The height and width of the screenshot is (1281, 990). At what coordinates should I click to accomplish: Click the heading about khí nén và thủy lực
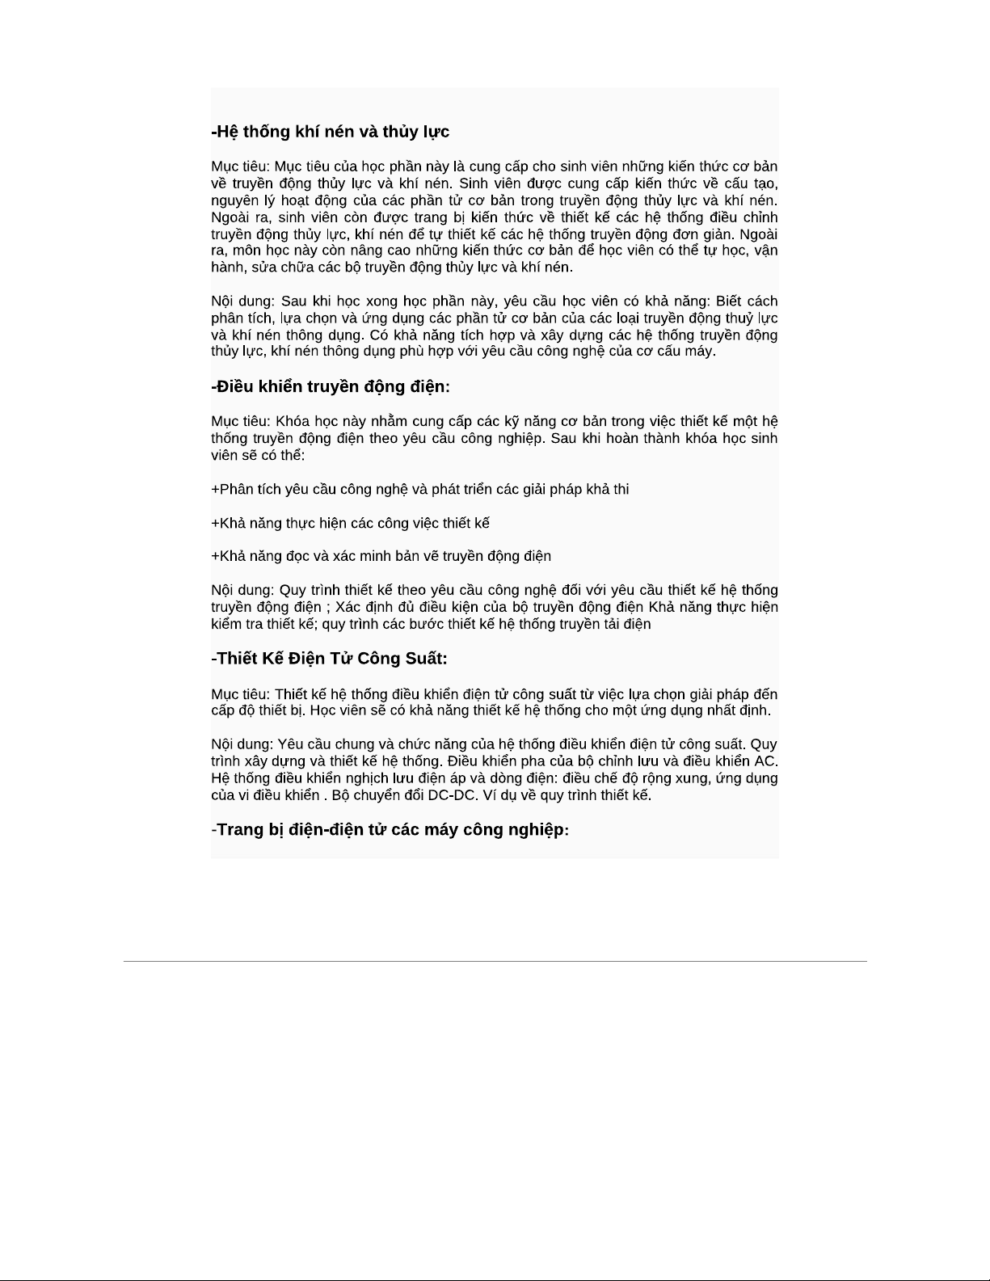[331, 132]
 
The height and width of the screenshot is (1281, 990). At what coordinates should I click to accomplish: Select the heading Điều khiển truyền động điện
[331, 386]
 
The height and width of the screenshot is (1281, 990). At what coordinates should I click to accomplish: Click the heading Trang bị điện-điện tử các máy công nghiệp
[390, 830]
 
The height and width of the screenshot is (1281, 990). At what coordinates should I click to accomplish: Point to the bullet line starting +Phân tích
[420, 490]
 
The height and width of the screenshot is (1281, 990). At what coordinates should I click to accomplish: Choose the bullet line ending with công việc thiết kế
[351, 524]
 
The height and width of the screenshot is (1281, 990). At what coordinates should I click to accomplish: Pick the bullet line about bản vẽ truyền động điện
[381, 557]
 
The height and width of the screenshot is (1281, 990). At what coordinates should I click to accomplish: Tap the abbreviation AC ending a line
[765, 761]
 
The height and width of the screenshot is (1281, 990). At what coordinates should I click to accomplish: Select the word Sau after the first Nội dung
[293, 301]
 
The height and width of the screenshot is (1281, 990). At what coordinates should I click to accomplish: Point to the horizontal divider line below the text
[495, 962]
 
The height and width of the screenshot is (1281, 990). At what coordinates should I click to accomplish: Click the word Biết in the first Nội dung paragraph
[732, 301]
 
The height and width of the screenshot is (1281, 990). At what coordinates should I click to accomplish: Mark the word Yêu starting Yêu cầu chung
[289, 744]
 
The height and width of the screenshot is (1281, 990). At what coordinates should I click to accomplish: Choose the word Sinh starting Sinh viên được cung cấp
[474, 183]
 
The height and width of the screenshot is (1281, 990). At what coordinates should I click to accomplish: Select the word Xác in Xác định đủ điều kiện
[348, 608]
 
